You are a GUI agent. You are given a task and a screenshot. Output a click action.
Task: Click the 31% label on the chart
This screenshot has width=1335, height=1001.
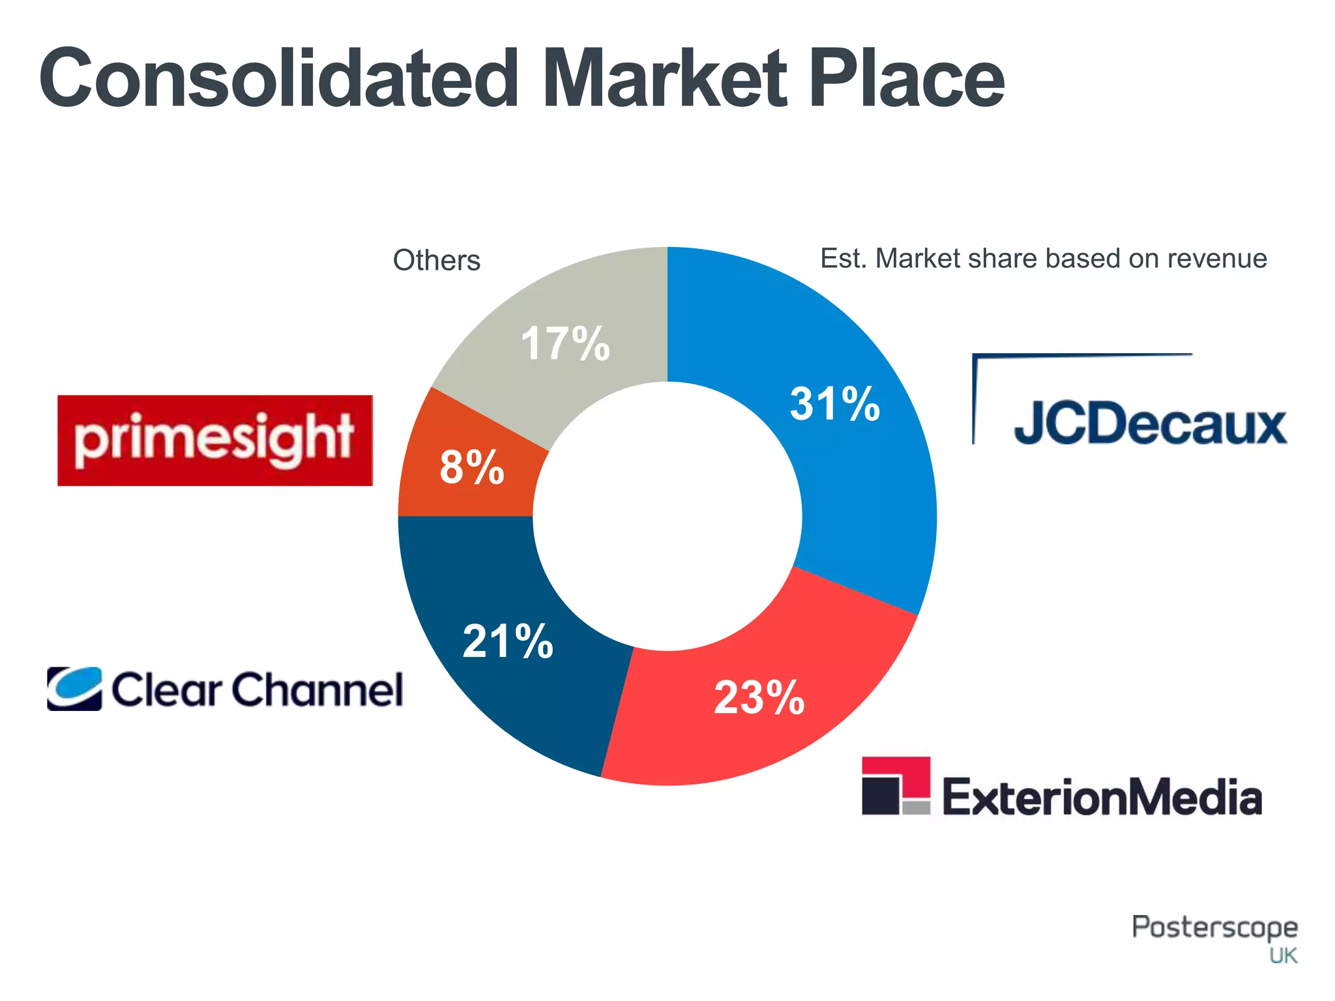(x=834, y=404)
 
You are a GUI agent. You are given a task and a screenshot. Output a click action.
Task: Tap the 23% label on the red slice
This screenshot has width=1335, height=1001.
(x=759, y=698)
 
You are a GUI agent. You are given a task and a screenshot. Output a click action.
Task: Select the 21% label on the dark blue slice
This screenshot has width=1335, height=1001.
(x=508, y=641)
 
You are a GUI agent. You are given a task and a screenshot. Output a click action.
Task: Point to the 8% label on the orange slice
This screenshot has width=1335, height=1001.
(x=472, y=467)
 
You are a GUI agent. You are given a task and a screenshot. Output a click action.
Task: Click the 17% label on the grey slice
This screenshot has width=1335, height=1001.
(x=565, y=343)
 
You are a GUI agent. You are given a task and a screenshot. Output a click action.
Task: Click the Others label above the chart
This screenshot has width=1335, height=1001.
(x=436, y=260)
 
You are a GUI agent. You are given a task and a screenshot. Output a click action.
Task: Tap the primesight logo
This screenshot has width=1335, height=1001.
(x=215, y=441)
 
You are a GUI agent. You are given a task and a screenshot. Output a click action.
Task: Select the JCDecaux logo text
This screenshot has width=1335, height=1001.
(x=1150, y=424)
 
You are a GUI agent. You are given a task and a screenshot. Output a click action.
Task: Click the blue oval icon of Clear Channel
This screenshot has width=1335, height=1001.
(x=74, y=688)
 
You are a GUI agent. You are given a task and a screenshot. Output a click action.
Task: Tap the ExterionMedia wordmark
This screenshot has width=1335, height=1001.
(x=1102, y=796)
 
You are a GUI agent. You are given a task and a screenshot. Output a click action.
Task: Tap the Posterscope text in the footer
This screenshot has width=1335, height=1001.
(x=1214, y=927)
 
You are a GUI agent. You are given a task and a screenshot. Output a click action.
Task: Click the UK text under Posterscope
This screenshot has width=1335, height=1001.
(x=1283, y=956)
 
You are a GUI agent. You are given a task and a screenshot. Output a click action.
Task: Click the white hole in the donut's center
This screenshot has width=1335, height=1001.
(x=667, y=516)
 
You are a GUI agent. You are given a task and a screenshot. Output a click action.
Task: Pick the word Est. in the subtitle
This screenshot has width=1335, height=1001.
(x=844, y=259)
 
